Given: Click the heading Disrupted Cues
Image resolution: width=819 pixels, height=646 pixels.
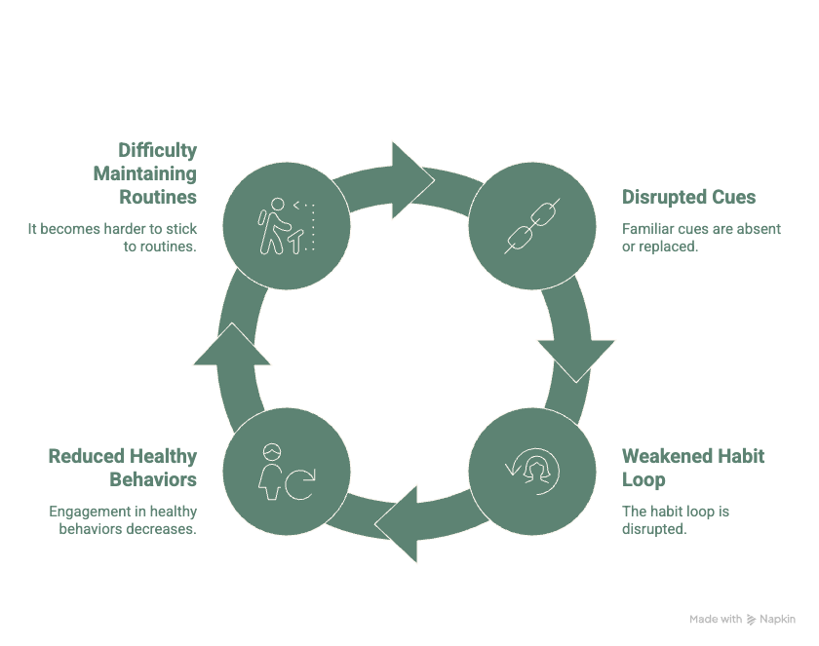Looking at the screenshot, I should [x=688, y=198].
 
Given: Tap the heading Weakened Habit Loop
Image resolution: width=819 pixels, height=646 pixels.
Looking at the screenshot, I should [x=693, y=468].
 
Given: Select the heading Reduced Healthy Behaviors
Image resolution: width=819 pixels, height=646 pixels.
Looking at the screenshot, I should [x=123, y=468].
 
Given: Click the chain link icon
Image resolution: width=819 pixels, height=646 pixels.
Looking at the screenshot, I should [x=532, y=227].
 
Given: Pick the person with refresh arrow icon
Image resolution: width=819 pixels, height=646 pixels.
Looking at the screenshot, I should [x=286, y=471].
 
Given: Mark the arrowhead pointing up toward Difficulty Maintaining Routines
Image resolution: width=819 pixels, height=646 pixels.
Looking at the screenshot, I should [x=232, y=346].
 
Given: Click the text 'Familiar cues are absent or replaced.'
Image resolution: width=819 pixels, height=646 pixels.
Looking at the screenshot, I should [x=701, y=239].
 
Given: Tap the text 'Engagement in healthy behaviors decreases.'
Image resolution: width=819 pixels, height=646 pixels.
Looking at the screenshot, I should [x=123, y=520].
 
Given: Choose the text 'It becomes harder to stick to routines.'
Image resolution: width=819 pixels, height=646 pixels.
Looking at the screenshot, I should [x=111, y=239].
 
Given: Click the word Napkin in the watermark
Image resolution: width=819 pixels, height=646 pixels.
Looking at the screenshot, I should [x=778, y=619].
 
